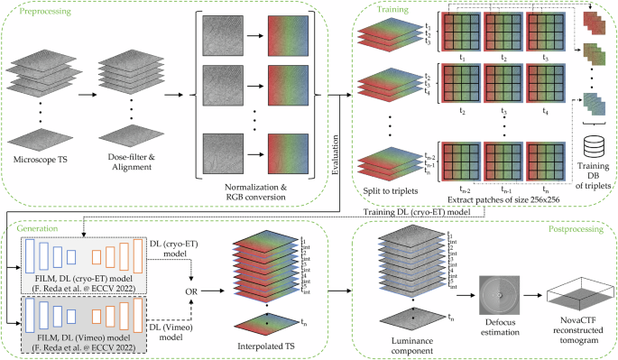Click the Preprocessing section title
click(x=35, y=13)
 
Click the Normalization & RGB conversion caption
click(x=254, y=191)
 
